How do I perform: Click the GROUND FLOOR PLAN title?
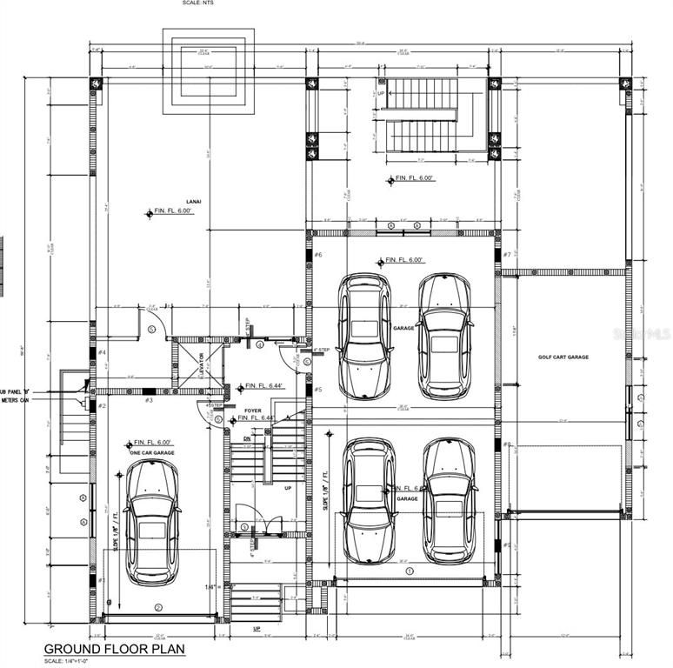[x=114, y=649]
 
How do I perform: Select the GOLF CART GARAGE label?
[x=563, y=357]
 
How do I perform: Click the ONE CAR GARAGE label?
[x=153, y=452]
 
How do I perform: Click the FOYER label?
[x=229, y=410]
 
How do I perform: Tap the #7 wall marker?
[x=507, y=255]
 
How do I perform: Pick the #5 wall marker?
[x=318, y=390]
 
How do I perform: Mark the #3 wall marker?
[x=149, y=400]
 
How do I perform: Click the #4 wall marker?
[x=102, y=352]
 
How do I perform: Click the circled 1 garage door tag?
[x=410, y=571]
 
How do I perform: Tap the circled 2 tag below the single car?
[x=158, y=607]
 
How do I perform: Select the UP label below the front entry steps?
[x=257, y=628]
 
